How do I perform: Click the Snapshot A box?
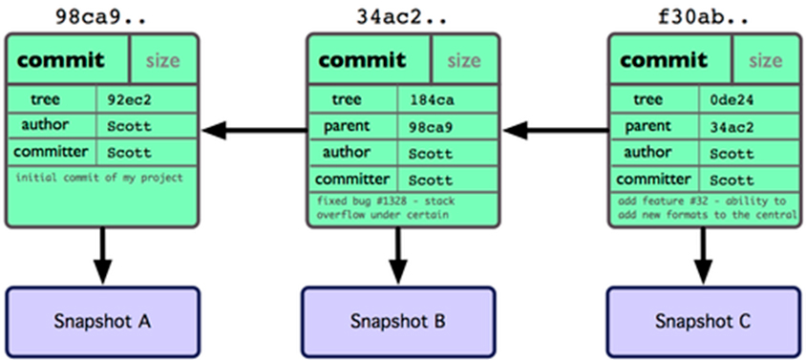[102, 322]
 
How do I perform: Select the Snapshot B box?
[398, 322]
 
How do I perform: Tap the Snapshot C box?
[703, 322]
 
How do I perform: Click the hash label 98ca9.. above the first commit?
[101, 17]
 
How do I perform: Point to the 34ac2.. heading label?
[402, 17]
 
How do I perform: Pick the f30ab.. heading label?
[703, 17]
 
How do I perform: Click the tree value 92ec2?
[130, 99]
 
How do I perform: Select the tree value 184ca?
[432, 99]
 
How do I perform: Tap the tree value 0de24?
[732, 99]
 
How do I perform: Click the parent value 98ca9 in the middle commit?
[432, 126]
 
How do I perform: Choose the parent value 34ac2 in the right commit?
[732, 126]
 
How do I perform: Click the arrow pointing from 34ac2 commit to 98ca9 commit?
[255, 131]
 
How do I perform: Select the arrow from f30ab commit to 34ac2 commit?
[556, 131]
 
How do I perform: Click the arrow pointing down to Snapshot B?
[398, 255]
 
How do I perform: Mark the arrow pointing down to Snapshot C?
[703, 255]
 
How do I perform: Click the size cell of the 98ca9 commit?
[163, 61]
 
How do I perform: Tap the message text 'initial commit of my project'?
[99, 179]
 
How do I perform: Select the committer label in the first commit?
[51, 152]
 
